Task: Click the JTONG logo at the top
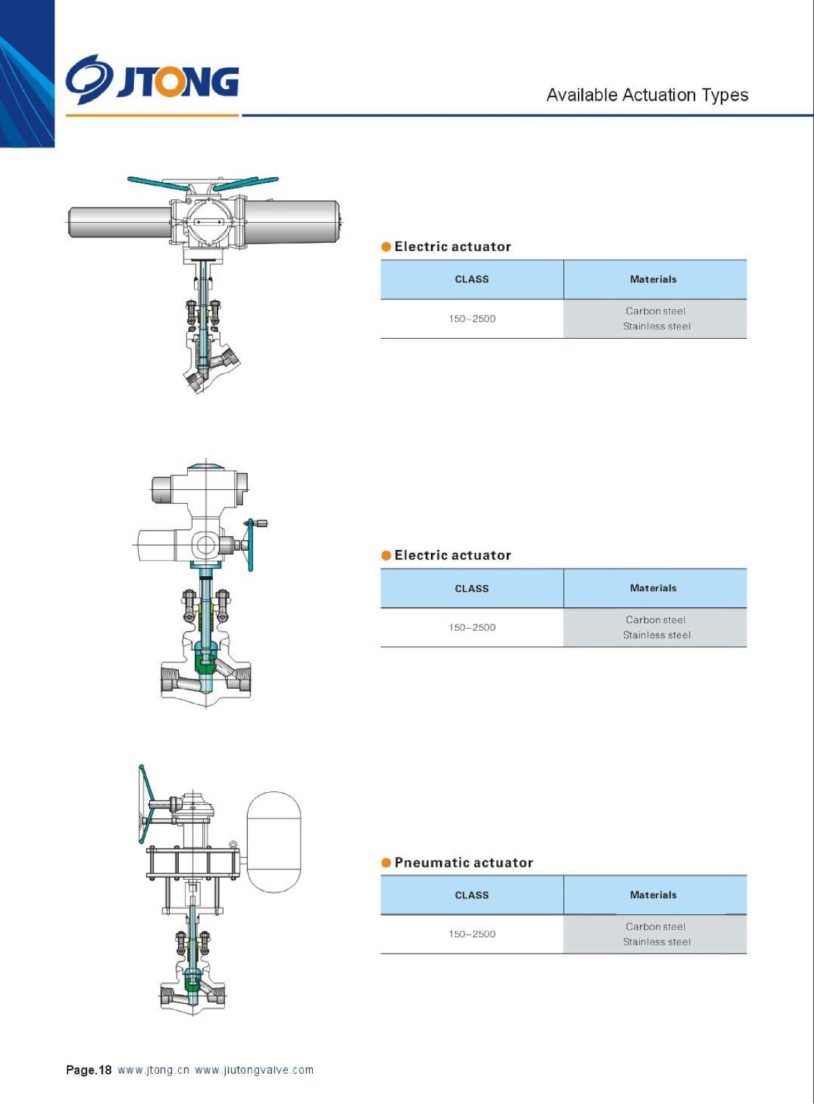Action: point(152,81)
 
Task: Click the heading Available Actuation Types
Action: point(647,95)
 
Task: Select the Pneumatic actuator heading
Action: point(463,862)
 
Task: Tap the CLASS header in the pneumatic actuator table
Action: point(472,895)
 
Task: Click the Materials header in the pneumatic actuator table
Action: point(653,895)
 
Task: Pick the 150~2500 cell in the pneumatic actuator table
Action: point(472,934)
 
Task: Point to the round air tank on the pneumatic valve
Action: point(273,842)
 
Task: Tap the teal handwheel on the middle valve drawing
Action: point(251,545)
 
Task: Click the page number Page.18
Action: point(88,1070)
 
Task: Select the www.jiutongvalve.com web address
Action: point(254,1070)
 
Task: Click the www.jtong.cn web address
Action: point(153,1070)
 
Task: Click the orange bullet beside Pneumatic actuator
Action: point(387,862)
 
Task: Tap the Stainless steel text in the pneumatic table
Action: point(657,942)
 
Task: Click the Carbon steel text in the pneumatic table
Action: point(655,927)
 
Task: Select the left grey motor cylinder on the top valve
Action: point(119,222)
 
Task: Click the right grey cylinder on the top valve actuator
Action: point(292,221)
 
